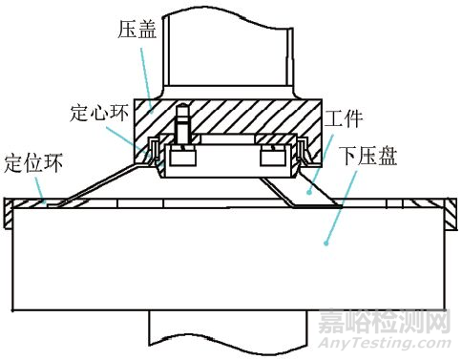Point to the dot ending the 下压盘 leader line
[x=325, y=244]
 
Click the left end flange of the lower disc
[x=10, y=214]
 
